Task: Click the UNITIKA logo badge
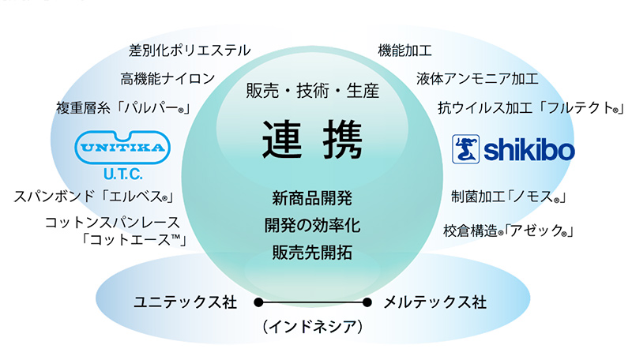[x=122, y=148]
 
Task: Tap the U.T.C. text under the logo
[x=122, y=174]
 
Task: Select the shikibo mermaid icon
[x=465, y=149]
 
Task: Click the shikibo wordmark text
[x=529, y=150]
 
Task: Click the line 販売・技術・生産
[x=312, y=91]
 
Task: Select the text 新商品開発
[x=312, y=198]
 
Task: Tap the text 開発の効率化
[x=312, y=226]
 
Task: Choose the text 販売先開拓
[x=312, y=253]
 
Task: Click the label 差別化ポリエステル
[x=190, y=51]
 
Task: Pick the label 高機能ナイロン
[x=167, y=78]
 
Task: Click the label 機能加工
[x=404, y=51]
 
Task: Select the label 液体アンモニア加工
[x=477, y=78]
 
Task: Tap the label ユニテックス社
[x=186, y=302]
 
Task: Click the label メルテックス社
[x=435, y=302]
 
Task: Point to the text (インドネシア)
[x=312, y=326]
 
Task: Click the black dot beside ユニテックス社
[x=259, y=302]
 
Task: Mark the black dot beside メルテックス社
[x=367, y=302]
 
